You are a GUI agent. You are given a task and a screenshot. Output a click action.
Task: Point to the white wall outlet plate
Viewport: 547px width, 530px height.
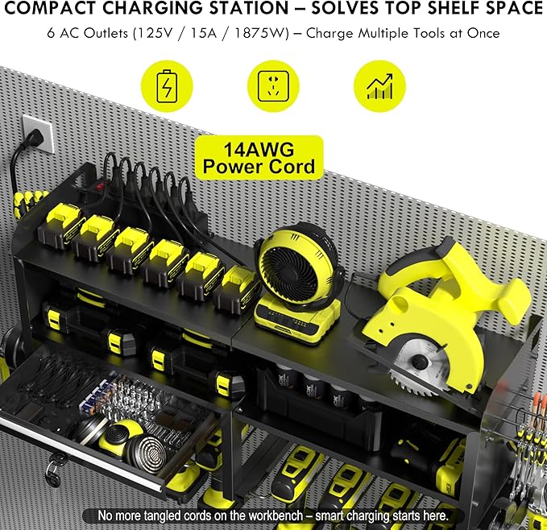point(35,134)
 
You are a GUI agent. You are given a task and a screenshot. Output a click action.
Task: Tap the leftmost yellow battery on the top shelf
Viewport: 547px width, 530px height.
point(61,221)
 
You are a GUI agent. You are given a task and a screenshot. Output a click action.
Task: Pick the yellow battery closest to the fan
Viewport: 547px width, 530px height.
point(238,288)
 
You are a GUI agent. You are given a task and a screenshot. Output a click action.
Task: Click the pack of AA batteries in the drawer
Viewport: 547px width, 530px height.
point(87,396)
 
